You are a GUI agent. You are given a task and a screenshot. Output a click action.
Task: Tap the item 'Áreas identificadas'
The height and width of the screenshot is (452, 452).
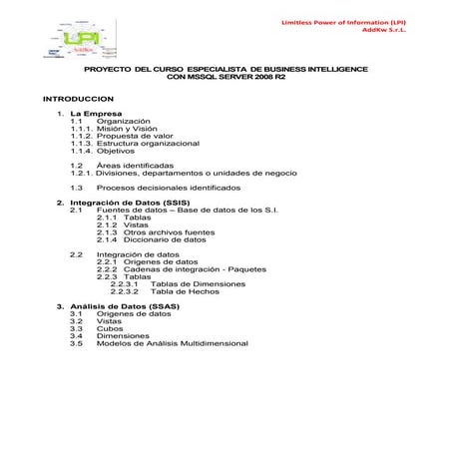135,165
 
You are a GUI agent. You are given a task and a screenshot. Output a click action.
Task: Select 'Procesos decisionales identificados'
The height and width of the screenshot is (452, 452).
169,187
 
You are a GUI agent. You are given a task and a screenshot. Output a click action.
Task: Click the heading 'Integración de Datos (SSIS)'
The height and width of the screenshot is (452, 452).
135,203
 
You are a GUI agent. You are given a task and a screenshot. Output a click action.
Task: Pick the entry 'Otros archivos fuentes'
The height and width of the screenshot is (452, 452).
169,231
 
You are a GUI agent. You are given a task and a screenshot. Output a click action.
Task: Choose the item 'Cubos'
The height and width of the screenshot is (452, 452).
109,328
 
